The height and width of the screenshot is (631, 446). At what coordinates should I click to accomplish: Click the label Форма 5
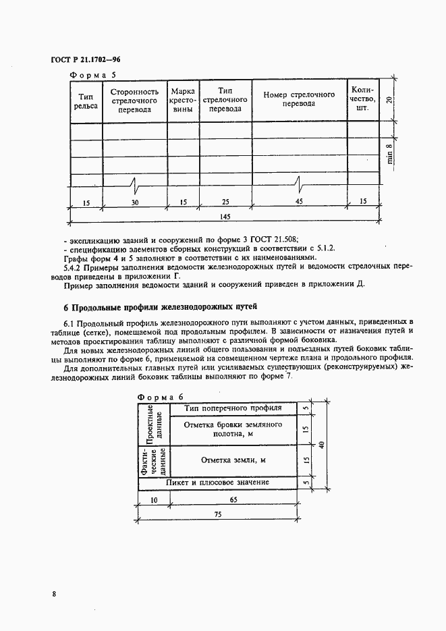pos(94,76)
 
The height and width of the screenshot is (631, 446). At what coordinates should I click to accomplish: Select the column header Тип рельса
pos(85,100)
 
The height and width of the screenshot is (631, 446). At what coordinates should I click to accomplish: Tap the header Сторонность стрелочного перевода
pos(134,100)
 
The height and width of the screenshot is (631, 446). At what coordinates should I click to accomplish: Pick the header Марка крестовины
pos(183,100)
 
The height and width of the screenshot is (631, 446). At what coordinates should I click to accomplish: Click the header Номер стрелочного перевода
pos(299,99)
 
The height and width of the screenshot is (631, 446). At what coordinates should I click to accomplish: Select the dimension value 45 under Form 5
pos(299,200)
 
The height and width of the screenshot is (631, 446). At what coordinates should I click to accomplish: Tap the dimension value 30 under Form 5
pos(134,200)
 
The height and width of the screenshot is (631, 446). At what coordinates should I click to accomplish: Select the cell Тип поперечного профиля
pos(232,408)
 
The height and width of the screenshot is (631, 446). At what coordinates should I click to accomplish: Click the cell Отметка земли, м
pos(233,460)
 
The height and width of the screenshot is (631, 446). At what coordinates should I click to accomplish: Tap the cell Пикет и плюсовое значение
pos(218,483)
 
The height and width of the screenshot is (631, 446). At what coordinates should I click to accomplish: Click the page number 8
pos(53,593)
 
